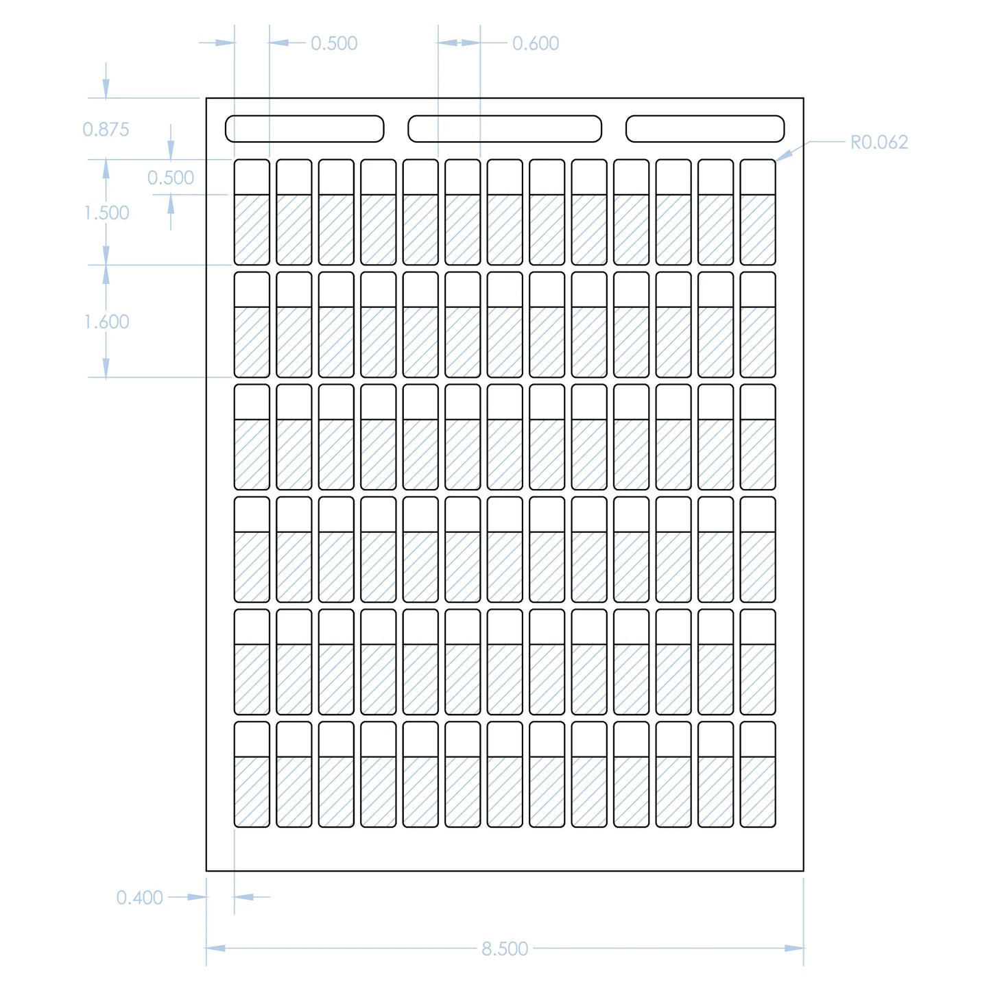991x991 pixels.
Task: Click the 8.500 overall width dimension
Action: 505,948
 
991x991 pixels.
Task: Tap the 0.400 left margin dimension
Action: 140,897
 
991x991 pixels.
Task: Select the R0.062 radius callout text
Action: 879,142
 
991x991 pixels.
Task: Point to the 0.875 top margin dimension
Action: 106,129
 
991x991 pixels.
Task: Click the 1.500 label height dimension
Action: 106,213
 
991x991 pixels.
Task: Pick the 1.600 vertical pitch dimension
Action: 106,322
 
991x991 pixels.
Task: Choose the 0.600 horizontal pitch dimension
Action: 536,43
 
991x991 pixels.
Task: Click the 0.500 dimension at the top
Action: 334,43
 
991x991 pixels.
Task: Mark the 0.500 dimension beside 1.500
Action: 171,178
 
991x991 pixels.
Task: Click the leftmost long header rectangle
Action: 305,129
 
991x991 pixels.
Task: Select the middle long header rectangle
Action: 505,129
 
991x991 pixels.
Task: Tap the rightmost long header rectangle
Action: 705,129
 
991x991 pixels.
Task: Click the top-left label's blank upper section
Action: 252,178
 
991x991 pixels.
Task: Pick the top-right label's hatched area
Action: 758,230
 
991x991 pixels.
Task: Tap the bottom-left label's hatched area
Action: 252,791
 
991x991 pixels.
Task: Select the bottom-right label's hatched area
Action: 758,791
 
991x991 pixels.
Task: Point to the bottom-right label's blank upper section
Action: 758,739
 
